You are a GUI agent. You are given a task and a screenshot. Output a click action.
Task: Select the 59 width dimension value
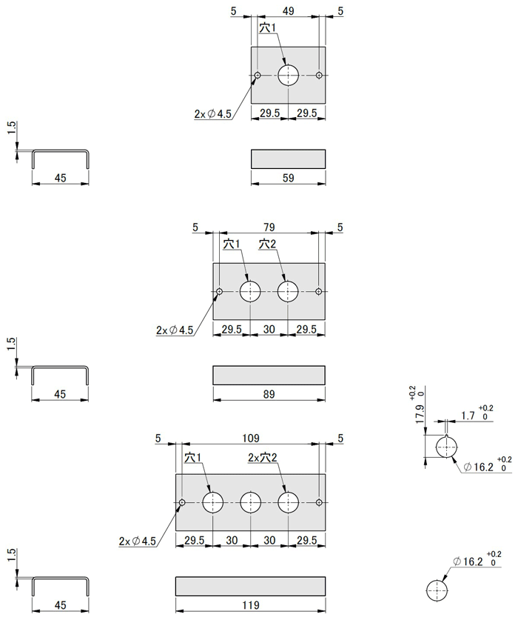[288, 178]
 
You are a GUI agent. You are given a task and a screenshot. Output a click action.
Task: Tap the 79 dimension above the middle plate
[269, 227]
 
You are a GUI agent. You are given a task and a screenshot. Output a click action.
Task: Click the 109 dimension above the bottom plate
[250, 439]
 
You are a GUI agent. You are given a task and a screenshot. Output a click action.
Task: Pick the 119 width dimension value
[250, 605]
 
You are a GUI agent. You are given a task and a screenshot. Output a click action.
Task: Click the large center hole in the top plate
[288, 75]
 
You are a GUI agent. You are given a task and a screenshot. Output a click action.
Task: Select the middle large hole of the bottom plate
[250, 503]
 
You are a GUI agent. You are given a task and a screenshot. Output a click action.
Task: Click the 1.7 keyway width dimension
[468, 416]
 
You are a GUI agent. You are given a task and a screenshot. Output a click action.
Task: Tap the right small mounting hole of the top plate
[319, 75]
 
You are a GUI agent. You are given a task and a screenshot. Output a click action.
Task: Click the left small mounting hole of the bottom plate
[182, 503]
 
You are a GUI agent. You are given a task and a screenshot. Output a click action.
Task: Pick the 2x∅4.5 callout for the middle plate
[175, 330]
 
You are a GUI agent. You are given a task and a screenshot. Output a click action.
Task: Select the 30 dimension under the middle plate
[269, 330]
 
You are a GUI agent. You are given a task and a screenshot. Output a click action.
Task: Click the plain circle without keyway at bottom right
[437, 590]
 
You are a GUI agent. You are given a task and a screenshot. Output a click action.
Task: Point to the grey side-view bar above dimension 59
[288, 159]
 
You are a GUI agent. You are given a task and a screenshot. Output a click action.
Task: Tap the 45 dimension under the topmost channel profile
[60, 178]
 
